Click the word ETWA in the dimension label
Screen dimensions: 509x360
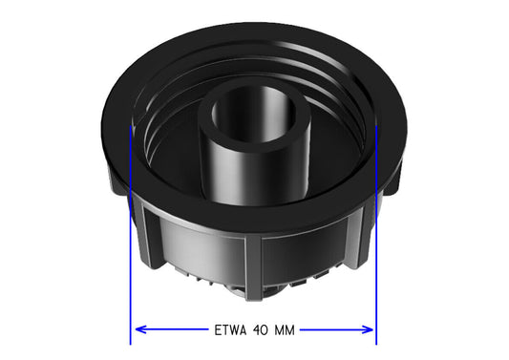[x=230, y=330]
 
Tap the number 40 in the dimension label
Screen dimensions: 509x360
[x=260, y=330]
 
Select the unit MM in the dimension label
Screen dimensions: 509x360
[x=285, y=330]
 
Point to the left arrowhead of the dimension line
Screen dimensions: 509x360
[x=140, y=329]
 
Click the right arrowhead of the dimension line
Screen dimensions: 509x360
[x=368, y=329]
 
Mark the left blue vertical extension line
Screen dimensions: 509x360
[x=131, y=235]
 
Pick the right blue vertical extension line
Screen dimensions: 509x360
[x=376, y=235]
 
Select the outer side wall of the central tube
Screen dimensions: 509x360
[x=253, y=177]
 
